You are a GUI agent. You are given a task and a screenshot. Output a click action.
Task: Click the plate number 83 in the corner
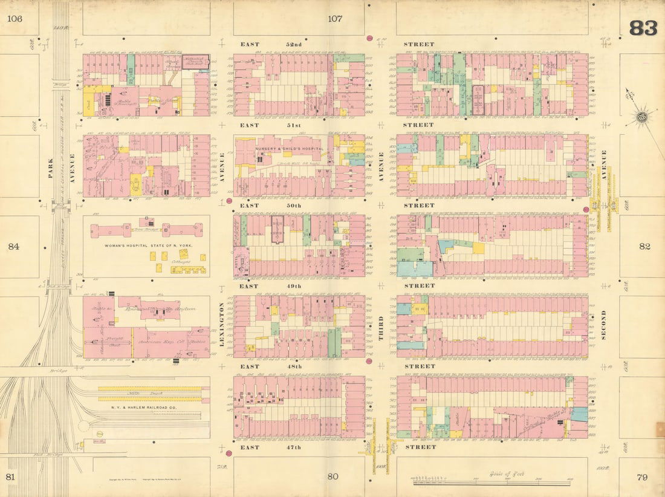pyautogui.click(x=643, y=28)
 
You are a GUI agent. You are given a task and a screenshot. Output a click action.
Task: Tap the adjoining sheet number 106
pyautogui.click(x=15, y=19)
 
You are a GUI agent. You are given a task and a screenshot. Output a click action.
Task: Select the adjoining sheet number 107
pyautogui.click(x=335, y=19)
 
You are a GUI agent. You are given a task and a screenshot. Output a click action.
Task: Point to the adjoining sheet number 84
pyautogui.click(x=15, y=247)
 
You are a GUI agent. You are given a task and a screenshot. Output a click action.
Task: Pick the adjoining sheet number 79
pyautogui.click(x=642, y=477)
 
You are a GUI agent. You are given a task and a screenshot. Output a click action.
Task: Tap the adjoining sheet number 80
pyautogui.click(x=332, y=476)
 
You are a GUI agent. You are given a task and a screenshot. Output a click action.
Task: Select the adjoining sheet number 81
pyautogui.click(x=10, y=477)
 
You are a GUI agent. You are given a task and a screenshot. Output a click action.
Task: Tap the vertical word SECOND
pyautogui.click(x=603, y=325)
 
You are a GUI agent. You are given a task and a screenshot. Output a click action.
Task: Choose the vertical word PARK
pyautogui.click(x=50, y=168)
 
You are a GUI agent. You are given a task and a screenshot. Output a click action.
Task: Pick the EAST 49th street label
pyautogui.click(x=267, y=286)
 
